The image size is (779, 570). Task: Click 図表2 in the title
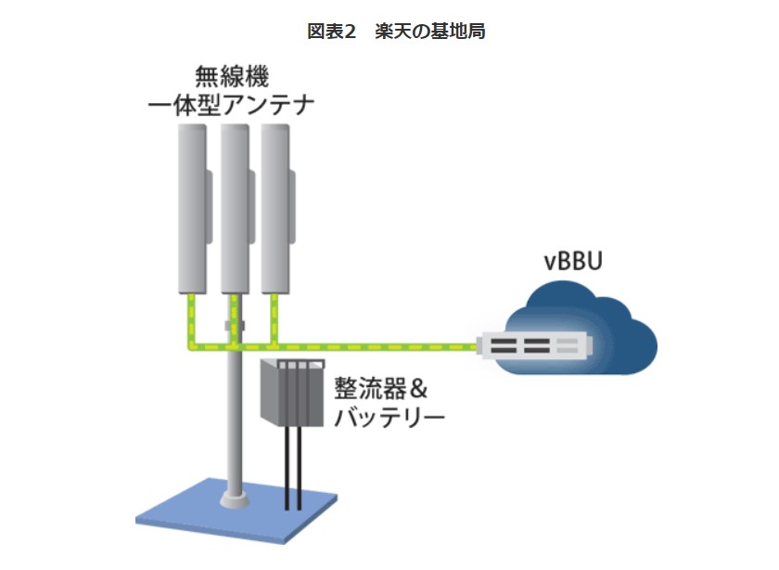332,32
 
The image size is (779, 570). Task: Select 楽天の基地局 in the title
430,32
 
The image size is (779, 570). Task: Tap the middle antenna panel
234,209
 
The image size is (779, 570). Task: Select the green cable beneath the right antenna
275,316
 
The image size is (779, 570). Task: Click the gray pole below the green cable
234,418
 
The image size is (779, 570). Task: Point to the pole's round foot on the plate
234,500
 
